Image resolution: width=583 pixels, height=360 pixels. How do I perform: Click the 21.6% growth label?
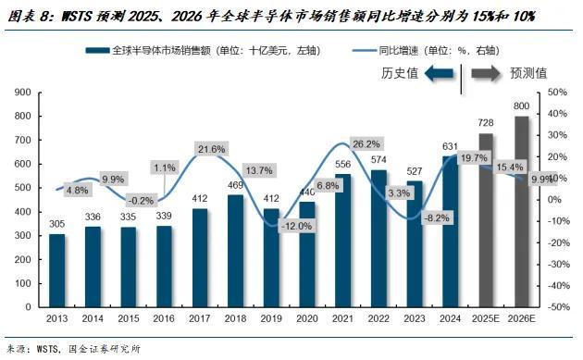click(x=212, y=149)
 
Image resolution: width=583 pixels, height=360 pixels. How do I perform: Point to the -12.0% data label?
click(x=270, y=226)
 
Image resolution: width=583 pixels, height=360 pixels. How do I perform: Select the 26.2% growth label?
click(x=365, y=143)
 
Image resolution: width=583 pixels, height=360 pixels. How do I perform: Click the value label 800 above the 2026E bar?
click(x=522, y=107)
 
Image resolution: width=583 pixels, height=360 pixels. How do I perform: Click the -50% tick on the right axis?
click(x=559, y=306)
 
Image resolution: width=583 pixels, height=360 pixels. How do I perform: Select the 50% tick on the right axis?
click(x=558, y=93)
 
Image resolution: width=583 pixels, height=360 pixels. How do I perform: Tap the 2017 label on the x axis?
click(x=199, y=319)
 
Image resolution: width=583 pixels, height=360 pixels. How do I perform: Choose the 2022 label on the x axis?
click(x=377, y=319)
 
